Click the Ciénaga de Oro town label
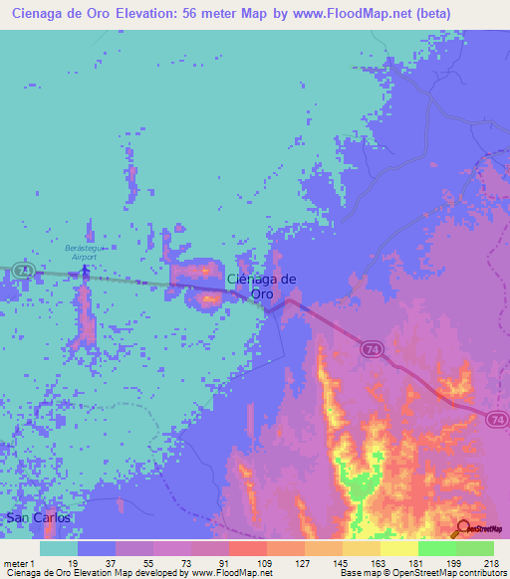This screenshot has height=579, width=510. click(x=262, y=287)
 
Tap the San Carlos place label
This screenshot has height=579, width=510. click(x=39, y=519)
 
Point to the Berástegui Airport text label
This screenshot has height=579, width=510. click(x=85, y=250)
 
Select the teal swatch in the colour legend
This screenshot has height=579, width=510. click(x=59, y=548)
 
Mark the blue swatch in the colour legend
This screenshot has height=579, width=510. click(x=97, y=548)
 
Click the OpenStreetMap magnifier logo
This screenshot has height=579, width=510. click(x=465, y=528)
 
